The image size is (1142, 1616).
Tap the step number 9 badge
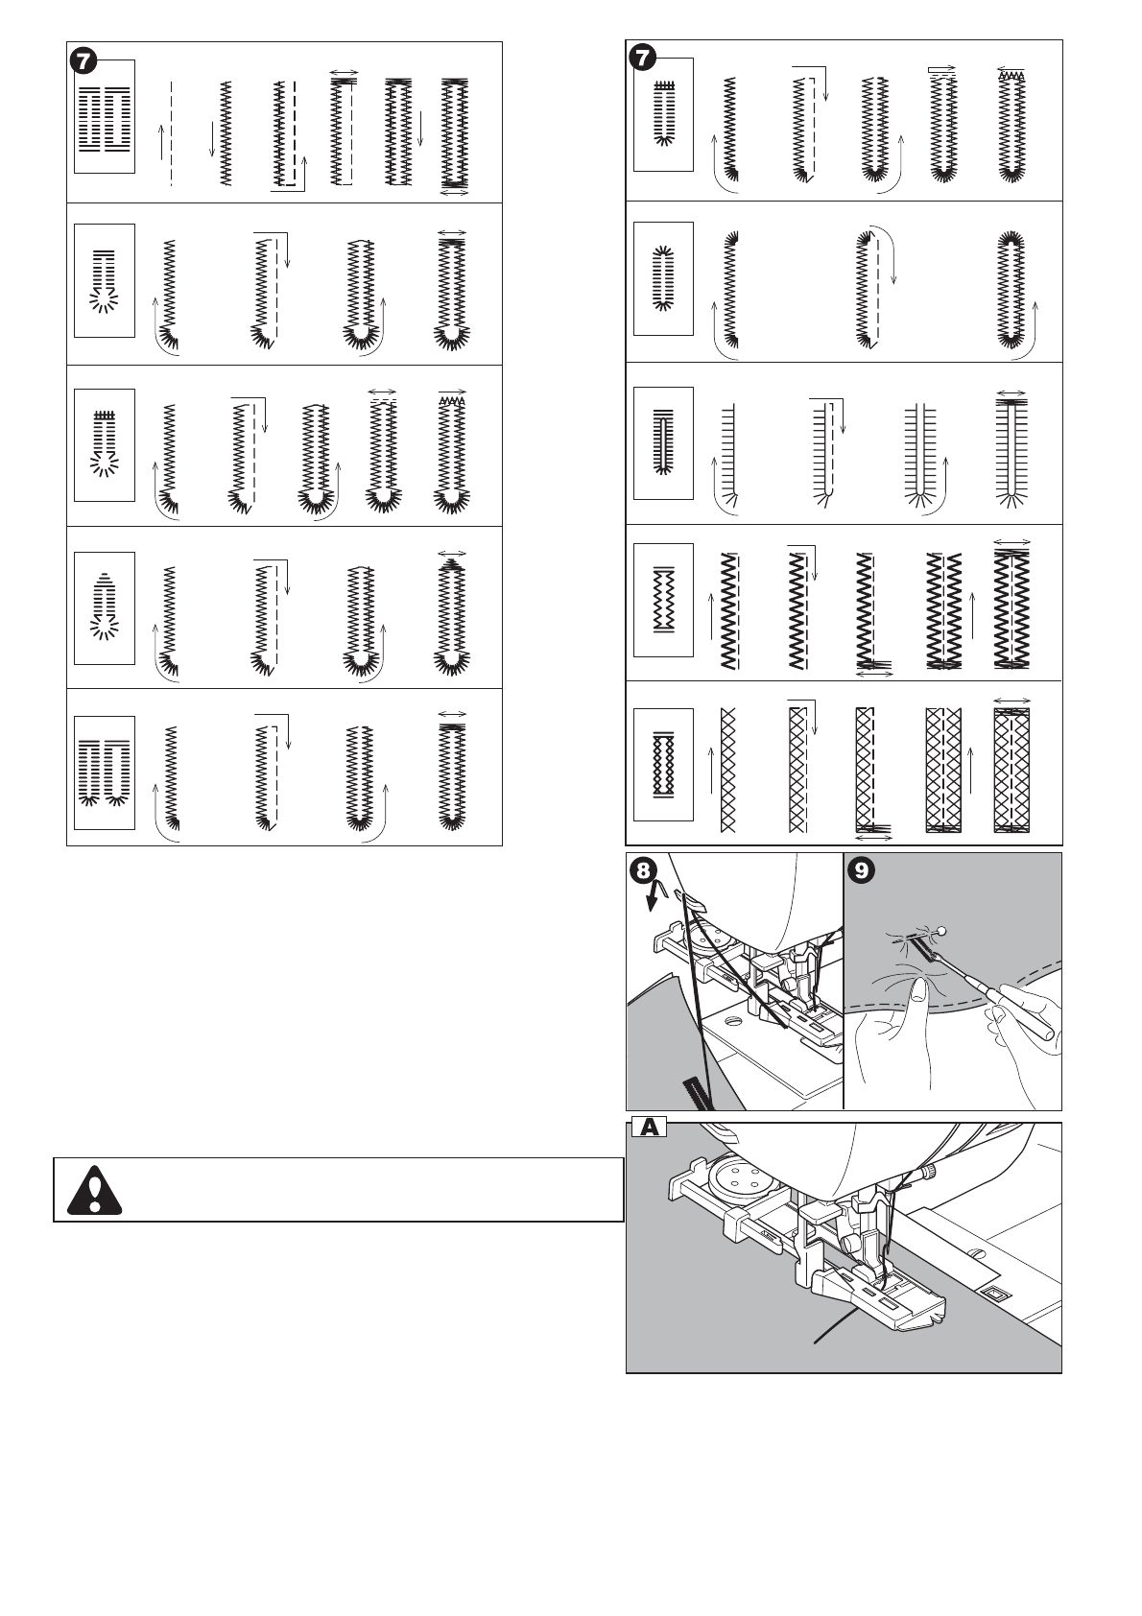863,870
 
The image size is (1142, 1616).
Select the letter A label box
650,1129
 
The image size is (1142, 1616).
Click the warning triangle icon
96,1189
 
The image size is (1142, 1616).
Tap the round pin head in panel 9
942,930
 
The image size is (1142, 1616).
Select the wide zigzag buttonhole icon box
662,601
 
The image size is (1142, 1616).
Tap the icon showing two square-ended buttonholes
105,116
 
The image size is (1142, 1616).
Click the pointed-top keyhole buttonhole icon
105,607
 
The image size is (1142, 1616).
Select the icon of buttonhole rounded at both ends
662,278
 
